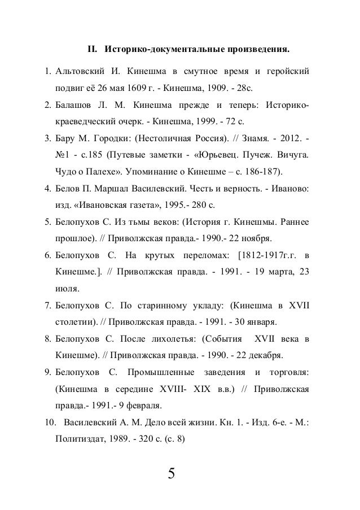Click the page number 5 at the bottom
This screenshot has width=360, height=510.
click(171, 472)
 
